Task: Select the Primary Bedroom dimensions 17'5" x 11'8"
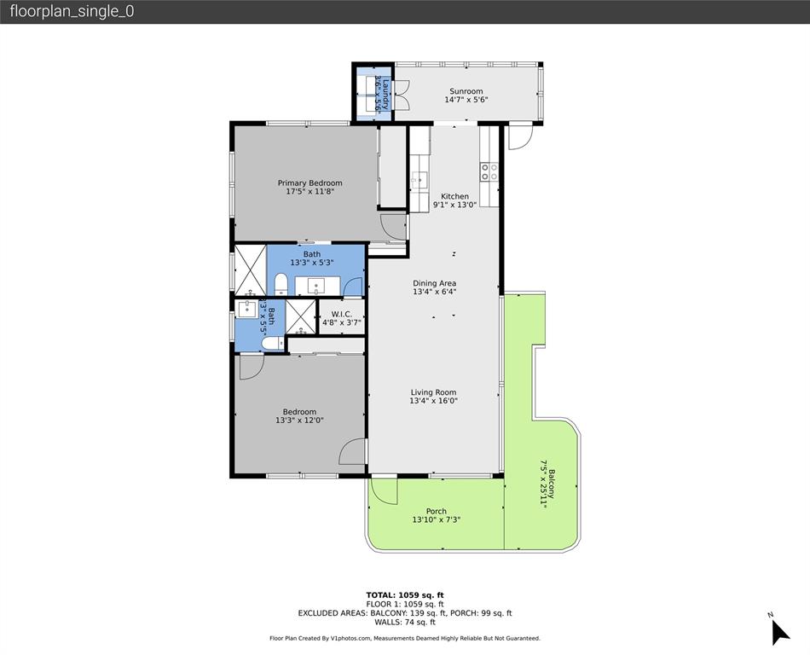[x=310, y=192]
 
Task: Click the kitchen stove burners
[x=489, y=172]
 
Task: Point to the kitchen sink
[x=419, y=179]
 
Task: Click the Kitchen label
[x=454, y=196]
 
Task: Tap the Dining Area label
[x=434, y=283]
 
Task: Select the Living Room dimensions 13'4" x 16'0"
[x=434, y=401]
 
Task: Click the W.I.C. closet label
[x=340, y=314]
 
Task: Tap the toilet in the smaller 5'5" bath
[x=271, y=343]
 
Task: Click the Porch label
[x=436, y=512]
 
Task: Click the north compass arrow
[x=779, y=631]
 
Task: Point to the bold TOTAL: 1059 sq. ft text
[x=404, y=594]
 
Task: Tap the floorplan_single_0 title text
[x=72, y=12]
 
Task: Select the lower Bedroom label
[x=299, y=412]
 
